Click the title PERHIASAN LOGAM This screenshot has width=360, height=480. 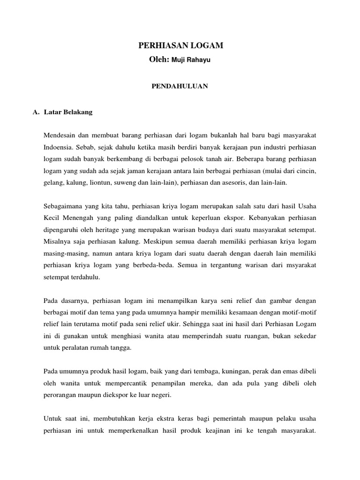(x=180, y=45)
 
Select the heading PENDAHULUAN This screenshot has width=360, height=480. (x=180, y=86)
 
